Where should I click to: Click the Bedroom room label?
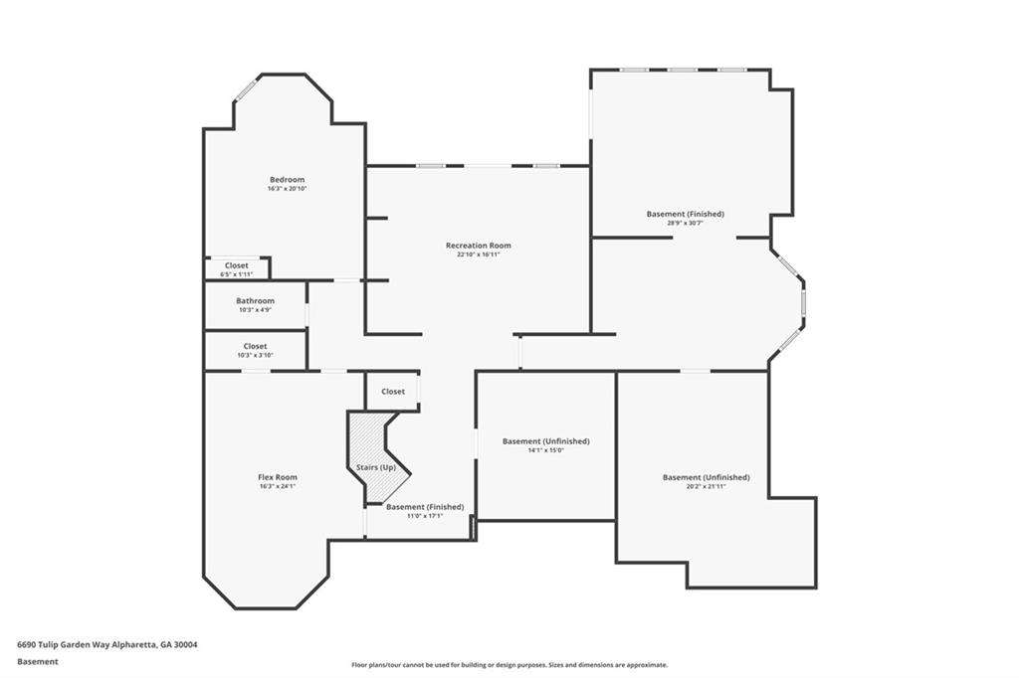(287, 180)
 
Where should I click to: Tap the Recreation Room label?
(479, 246)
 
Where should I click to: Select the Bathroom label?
(255, 300)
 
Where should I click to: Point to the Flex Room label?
(278, 477)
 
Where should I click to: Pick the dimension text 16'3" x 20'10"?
(287, 189)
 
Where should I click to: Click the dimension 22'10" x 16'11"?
(479, 254)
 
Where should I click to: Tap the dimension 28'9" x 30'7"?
(685, 223)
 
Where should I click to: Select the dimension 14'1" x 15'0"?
(546, 450)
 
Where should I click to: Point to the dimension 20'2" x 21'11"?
(706, 486)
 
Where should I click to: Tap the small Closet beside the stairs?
(392, 392)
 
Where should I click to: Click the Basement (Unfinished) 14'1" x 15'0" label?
(546, 441)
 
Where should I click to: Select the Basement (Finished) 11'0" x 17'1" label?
(425, 507)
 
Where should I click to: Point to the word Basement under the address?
(38, 662)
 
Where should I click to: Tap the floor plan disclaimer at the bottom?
(509, 665)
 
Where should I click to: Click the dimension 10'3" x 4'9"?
(255, 310)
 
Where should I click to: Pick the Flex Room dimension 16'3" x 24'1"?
(278, 486)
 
